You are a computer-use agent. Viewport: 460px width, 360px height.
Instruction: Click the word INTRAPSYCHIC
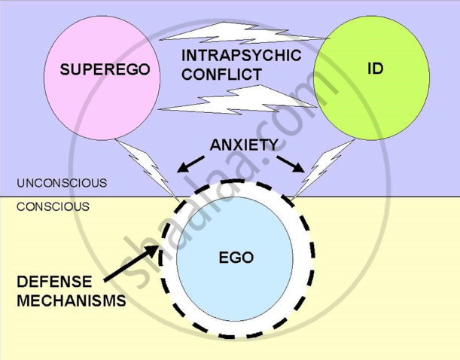pyautogui.click(x=241, y=56)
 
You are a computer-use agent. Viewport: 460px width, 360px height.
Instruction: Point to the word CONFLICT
pyautogui.click(x=221, y=75)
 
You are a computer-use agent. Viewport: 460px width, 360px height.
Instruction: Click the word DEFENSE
pyautogui.click(x=53, y=282)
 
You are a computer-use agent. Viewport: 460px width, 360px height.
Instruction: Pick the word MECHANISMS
pyautogui.click(x=71, y=301)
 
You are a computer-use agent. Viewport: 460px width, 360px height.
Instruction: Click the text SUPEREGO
pyautogui.click(x=105, y=70)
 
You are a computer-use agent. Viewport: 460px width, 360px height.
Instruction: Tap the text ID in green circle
pyautogui.click(x=375, y=69)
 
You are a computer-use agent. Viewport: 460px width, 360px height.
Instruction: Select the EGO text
pyautogui.click(x=236, y=258)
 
